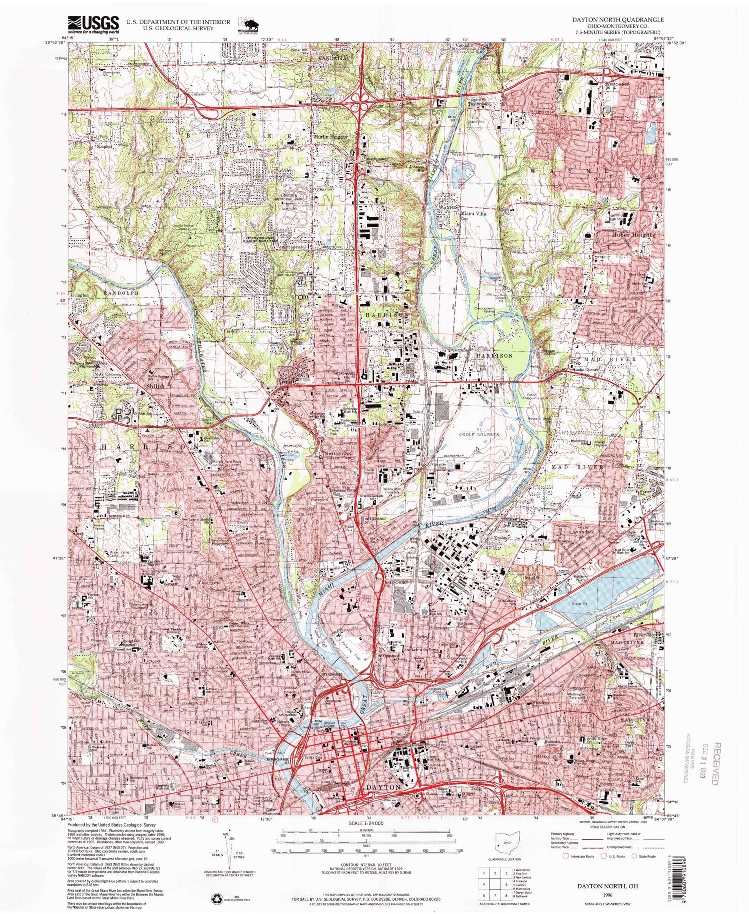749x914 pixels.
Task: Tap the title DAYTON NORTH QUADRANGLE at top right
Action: (x=628, y=19)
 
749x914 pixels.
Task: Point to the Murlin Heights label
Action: (x=330, y=137)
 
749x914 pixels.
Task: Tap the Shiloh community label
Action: (x=141, y=386)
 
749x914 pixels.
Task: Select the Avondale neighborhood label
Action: (x=583, y=532)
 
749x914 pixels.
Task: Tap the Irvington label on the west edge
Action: (x=79, y=295)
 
